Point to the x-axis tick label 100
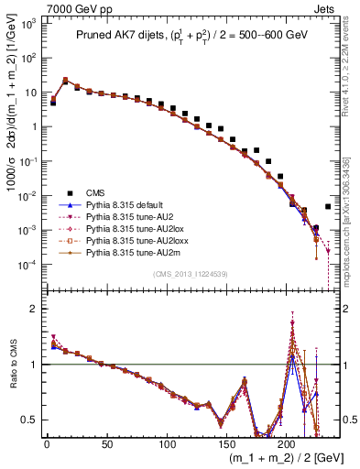tap(167, 444)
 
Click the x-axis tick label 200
tap(287, 444)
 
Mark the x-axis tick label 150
tap(227, 444)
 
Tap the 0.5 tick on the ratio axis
tap(27, 420)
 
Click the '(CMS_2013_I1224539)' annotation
tap(188, 273)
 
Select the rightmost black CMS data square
tap(328, 207)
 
